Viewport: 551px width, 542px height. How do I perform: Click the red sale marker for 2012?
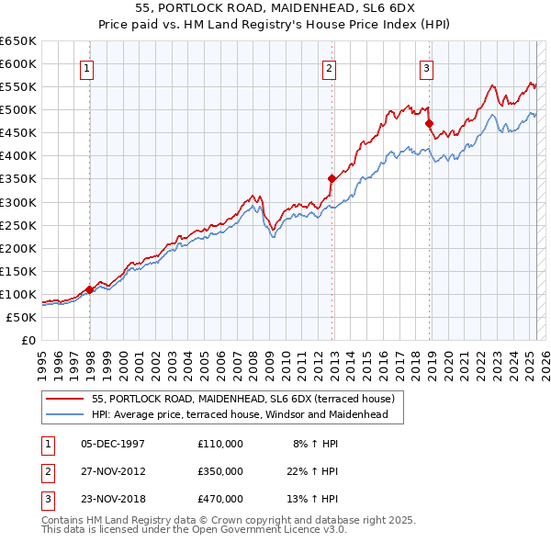[x=332, y=178]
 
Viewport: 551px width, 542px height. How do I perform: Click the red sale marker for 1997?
[x=89, y=289]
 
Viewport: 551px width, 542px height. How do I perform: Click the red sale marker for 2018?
[x=429, y=123]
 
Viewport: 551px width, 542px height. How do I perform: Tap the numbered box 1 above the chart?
[x=86, y=66]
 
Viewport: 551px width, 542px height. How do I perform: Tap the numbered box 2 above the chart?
[x=329, y=66]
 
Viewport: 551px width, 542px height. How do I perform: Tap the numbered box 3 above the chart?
[x=427, y=66]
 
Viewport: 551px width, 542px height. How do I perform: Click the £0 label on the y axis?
[x=28, y=340]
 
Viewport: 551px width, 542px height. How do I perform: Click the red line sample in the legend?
[x=65, y=399]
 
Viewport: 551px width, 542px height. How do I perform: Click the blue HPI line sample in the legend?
[x=65, y=414]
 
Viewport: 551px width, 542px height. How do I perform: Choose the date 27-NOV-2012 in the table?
[x=113, y=471]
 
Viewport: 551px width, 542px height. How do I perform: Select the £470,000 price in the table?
[x=220, y=499]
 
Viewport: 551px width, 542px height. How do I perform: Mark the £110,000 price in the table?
[x=220, y=444]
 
